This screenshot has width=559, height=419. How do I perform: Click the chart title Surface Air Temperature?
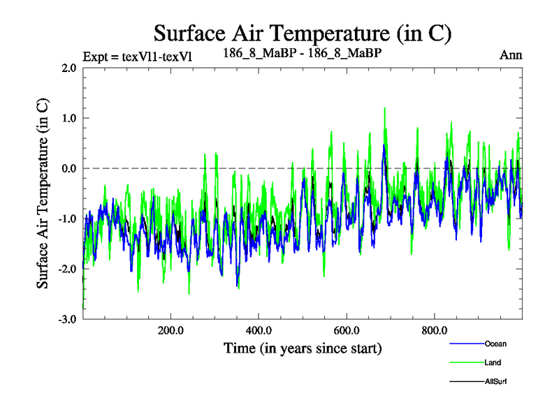pos(303,32)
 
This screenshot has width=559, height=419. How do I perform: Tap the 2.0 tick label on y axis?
pos(68,68)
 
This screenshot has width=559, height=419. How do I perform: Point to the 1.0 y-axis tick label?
pos(68,119)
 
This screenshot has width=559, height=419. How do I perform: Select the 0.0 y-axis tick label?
pos(68,169)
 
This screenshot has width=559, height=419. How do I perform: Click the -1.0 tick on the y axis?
pos(67,219)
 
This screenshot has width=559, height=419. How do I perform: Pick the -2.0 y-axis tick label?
pos(67,270)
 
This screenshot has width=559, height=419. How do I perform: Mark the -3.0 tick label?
pos(67,320)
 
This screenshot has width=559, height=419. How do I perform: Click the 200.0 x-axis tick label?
pos(170,330)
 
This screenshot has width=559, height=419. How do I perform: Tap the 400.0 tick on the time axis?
pos(259,330)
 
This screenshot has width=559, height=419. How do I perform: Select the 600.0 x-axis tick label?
pos(347,330)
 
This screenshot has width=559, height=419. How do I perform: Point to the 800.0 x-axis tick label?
pos(435,330)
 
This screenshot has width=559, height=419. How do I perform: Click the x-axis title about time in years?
pos(303,348)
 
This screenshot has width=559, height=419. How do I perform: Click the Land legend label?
pos(492,362)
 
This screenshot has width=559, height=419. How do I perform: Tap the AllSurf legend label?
pos(495,381)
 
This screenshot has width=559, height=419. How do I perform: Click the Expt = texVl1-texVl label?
pos(138,56)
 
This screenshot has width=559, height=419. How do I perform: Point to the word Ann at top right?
pos(511,55)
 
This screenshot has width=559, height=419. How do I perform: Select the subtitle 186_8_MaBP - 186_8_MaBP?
pos(302,52)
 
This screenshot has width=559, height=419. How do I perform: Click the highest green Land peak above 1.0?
pos(384,109)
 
